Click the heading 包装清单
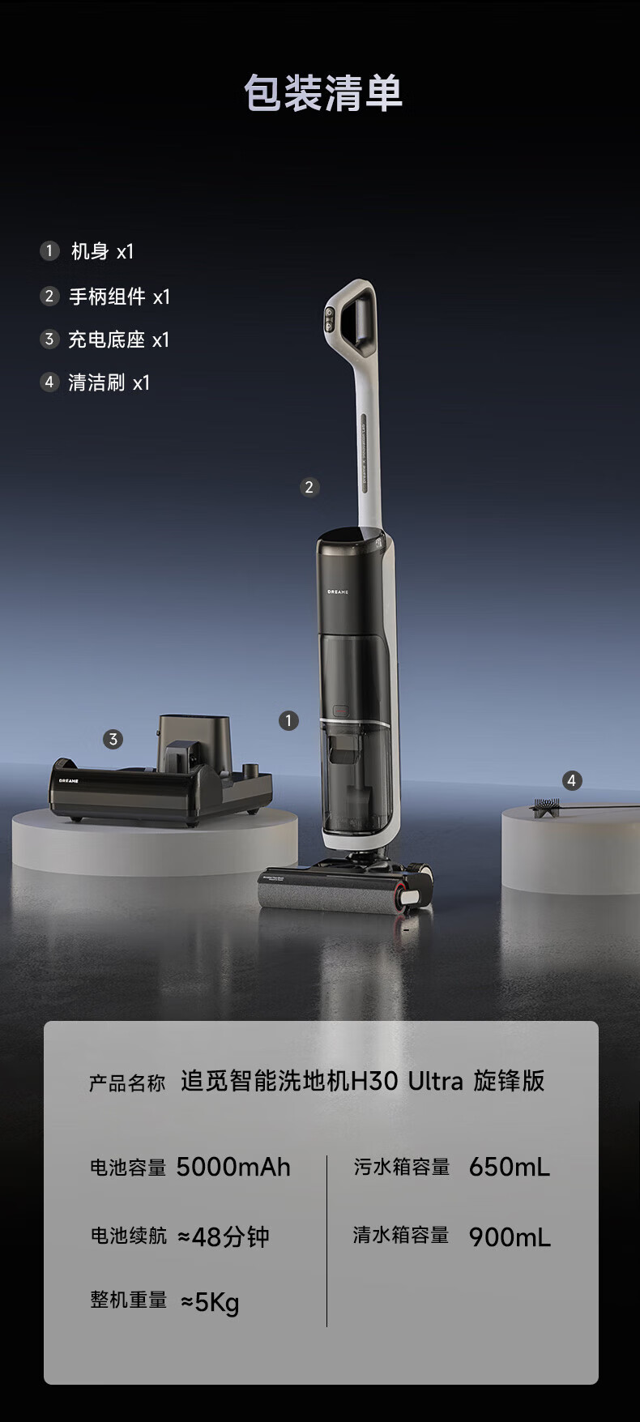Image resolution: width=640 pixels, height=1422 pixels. (x=323, y=93)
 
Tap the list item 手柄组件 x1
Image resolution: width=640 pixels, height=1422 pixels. (x=105, y=297)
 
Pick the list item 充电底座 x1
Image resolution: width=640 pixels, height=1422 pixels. (x=105, y=339)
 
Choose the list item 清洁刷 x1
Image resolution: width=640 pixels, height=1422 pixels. (x=96, y=382)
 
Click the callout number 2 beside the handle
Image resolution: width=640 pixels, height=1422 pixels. (x=309, y=487)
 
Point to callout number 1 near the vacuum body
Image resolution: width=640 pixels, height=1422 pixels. (x=288, y=720)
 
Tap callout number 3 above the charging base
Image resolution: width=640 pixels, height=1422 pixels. (x=113, y=739)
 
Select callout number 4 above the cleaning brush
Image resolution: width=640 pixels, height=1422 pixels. (x=572, y=780)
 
